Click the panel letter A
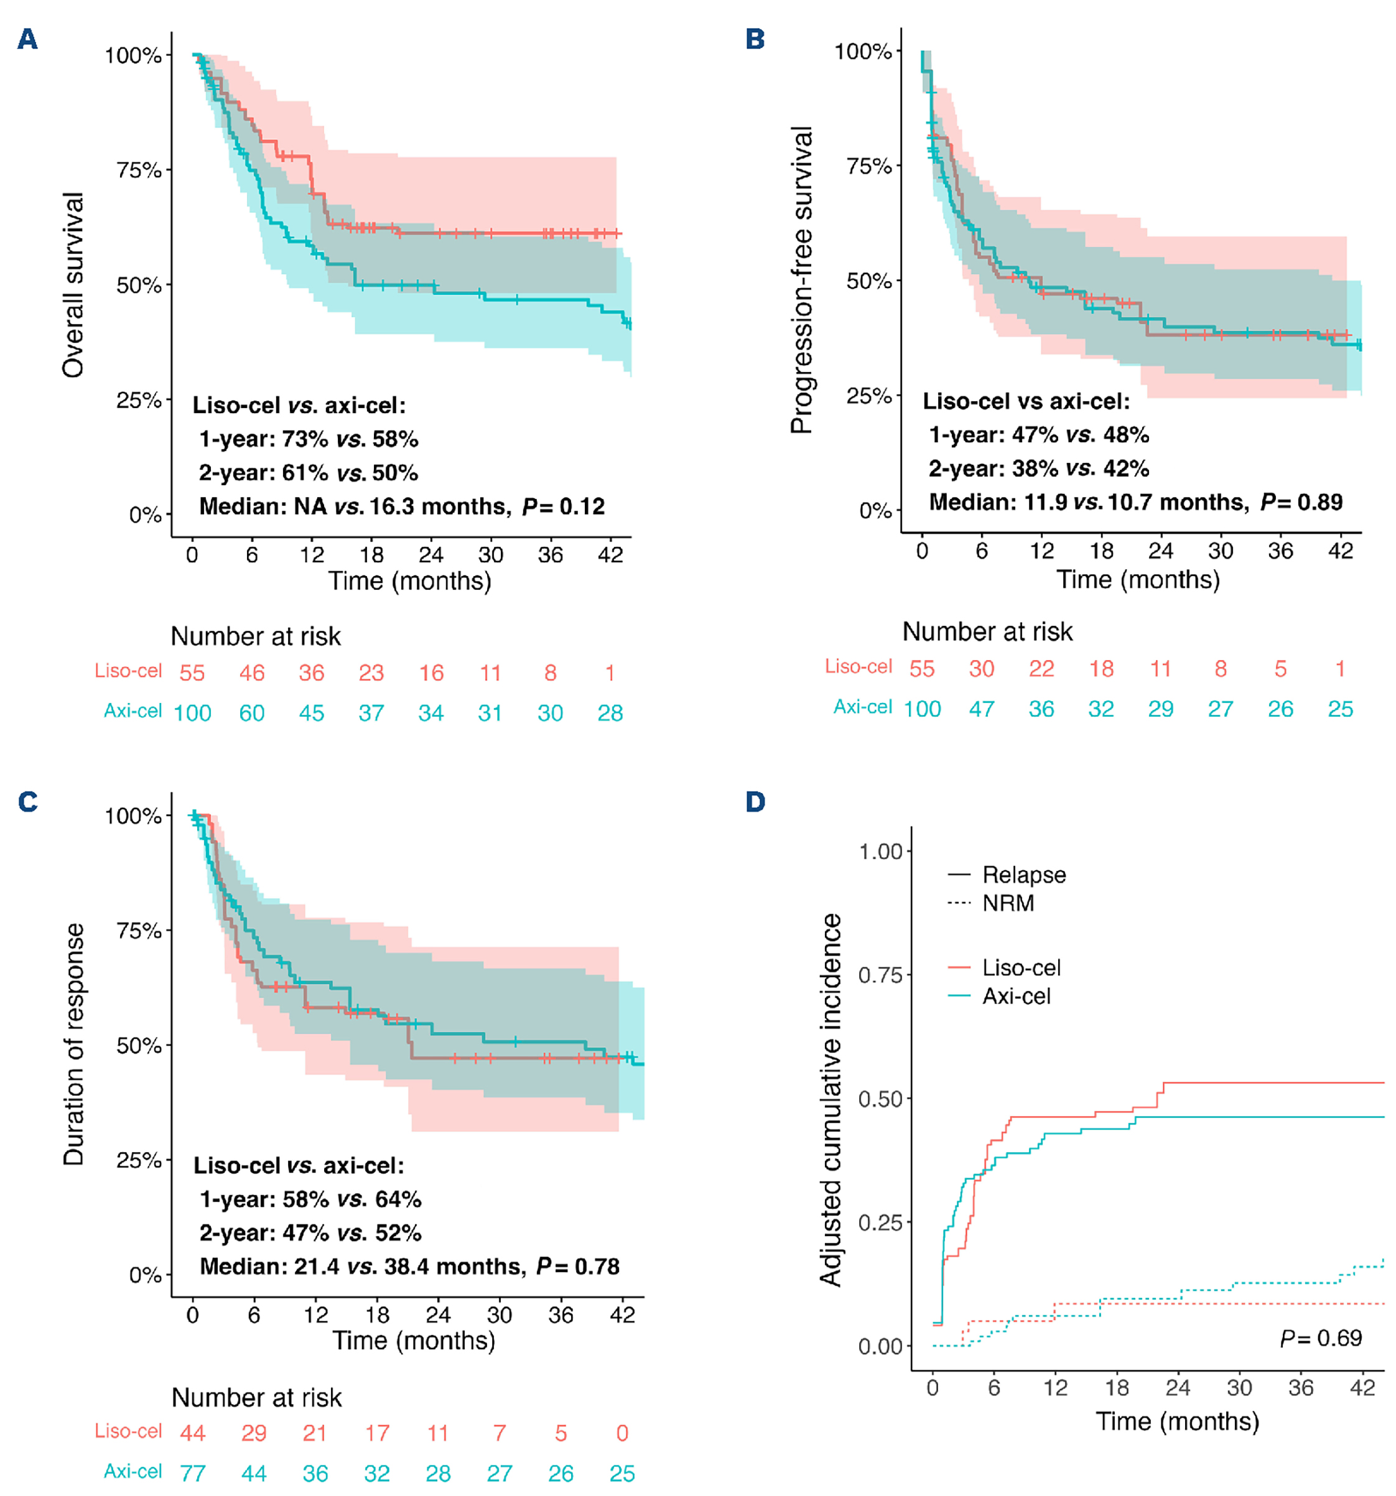(28, 39)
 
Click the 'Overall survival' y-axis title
(73, 284)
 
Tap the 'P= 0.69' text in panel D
(1321, 1337)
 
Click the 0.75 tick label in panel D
(880, 975)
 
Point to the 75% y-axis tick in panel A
(139, 170)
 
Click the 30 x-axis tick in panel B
(1221, 552)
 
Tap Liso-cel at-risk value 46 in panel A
(252, 673)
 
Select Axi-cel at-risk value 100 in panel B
(922, 709)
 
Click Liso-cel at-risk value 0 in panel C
(621, 1433)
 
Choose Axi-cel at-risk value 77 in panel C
(193, 1472)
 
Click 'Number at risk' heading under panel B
(987, 631)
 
